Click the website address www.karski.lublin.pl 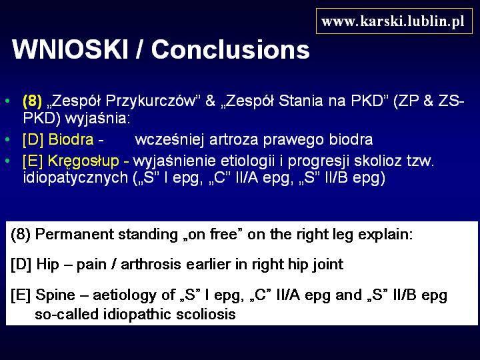point(393,21)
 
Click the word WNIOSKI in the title point(70,49)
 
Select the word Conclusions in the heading point(231,49)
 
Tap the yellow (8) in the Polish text point(32,101)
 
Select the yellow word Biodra point(71,139)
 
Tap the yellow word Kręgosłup point(83,161)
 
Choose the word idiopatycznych point(75,178)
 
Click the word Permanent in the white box point(74,235)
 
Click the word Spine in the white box point(55,295)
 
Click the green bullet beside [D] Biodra point(7,139)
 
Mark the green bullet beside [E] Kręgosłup point(7,161)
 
